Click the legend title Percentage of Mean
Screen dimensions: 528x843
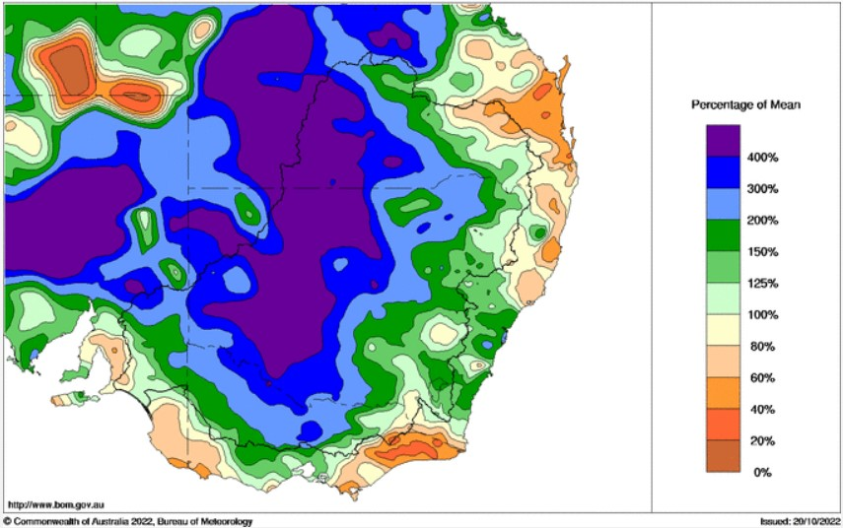(744, 104)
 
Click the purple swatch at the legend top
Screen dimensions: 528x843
(723, 141)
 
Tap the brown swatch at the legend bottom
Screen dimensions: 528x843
(723, 457)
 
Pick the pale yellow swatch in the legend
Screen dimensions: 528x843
(723, 331)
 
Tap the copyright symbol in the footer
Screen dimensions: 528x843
(7, 520)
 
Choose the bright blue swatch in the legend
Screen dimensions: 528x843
(723, 173)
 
